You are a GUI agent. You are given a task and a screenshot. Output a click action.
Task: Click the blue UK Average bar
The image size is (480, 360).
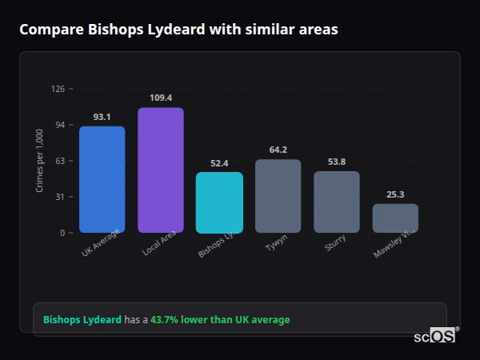click(x=102, y=179)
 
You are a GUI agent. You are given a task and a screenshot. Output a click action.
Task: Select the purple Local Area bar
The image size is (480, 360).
click(x=160, y=170)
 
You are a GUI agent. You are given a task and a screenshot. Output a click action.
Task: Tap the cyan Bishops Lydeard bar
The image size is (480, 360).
click(x=219, y=202)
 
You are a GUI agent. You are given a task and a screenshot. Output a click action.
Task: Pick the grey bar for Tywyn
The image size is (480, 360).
click(x=278, y=196)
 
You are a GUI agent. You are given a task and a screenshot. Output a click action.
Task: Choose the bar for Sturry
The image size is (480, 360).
click(x=337, y=202)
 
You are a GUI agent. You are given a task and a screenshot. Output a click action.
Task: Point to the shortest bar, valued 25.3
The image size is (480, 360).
click(x=395, y=218)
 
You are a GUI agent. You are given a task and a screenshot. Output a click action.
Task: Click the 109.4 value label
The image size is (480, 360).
click(x=161, y=98)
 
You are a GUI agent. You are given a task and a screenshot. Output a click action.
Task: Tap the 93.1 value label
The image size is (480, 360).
click(x=102, y=117)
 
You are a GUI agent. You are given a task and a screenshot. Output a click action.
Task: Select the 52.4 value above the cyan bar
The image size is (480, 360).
click(x=219, y=163)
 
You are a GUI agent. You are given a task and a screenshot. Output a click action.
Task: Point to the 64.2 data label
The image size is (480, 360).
click(x=278, y=150)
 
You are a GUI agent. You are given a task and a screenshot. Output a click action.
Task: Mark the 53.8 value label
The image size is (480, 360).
click(x=337, y=162)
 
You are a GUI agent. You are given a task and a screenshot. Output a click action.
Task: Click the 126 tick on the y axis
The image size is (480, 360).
click(x=58, y=89)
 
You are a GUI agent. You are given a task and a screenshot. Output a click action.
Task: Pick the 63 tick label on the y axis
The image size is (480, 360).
click(x=59, y=161)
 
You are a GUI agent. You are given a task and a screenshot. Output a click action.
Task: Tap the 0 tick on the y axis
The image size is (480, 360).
click(x=62, y=233)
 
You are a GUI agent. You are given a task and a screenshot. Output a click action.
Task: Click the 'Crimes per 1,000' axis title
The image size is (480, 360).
click(x=40, y=161)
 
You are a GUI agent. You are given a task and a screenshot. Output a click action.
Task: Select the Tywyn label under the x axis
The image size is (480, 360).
click(x=276, y=244)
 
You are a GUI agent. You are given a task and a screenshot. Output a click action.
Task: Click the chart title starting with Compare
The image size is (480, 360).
click(x=178, y=30)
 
